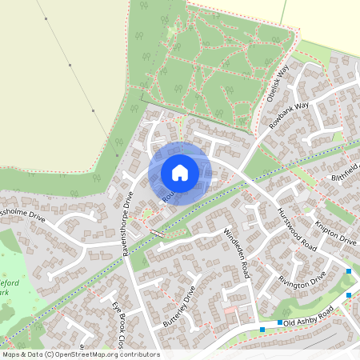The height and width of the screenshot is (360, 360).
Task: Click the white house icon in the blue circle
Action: [180, 173]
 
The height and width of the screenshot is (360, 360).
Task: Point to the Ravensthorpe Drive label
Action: [127, 223]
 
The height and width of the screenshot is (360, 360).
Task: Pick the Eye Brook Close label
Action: [118, 321]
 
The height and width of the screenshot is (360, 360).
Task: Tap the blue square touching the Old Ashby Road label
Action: [279, 322]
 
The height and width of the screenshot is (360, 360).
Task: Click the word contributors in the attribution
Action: [138, 354]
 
